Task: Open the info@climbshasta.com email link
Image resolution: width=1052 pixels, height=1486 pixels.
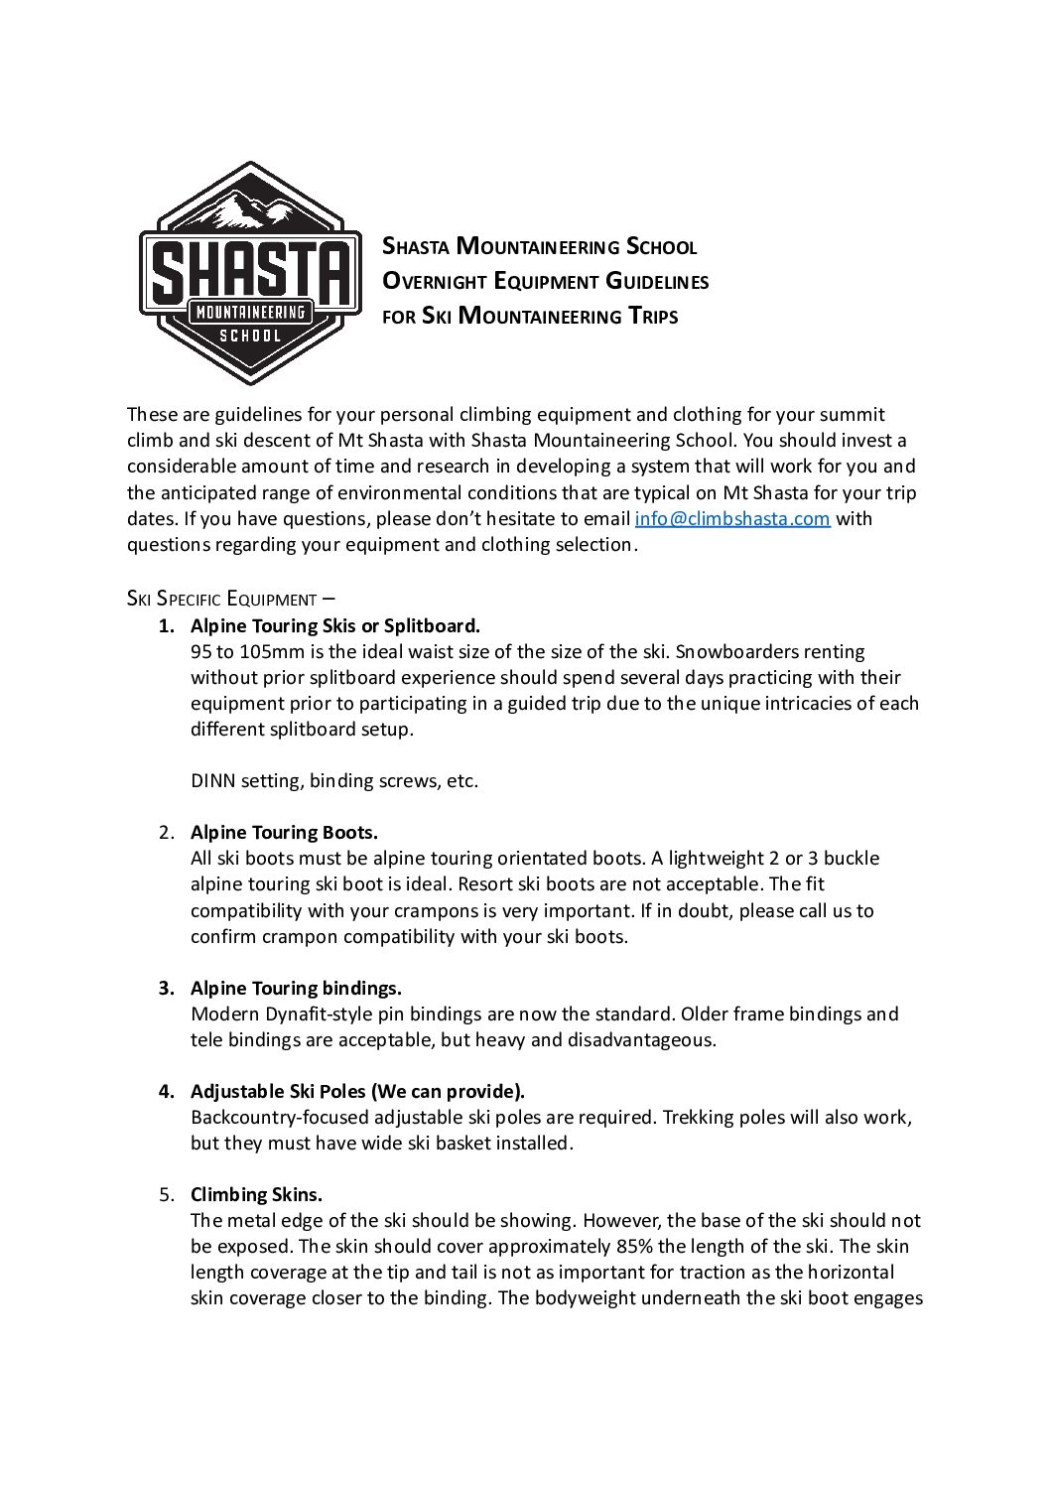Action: click(x=731, y=518)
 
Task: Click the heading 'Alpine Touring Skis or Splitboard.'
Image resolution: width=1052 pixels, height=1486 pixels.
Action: click(x=334, y=626)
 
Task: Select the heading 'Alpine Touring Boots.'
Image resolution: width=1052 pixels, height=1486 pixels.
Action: click(x=284, y=833)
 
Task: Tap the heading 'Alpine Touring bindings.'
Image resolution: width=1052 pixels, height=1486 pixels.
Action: click(x=296, y=989)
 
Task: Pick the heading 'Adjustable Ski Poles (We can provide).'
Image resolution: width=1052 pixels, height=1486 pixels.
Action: click(x=357, y=1092)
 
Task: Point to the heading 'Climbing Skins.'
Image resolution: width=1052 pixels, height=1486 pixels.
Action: click(x=256, y=1195)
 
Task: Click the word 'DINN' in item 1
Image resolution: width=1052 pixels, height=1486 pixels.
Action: click(x=212, y=781)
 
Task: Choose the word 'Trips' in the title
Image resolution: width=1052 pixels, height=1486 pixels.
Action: click(x=651, y=317)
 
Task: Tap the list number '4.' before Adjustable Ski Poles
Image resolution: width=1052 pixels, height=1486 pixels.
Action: click(x=167, y=1092)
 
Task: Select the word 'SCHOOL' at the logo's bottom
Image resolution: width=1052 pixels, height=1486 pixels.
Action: click(x=249, y=336)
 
